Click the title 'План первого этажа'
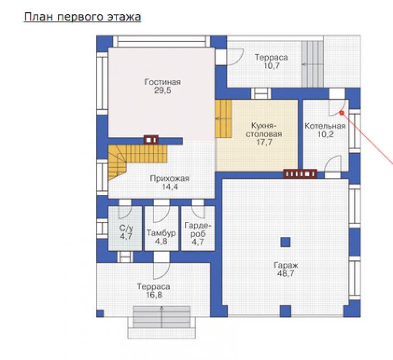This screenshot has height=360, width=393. [82, 17]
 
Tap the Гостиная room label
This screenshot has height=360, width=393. [163, 82]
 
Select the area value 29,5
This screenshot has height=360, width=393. [163, 90]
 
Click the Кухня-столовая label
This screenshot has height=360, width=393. [264, 130]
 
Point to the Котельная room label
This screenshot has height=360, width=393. [325, 126]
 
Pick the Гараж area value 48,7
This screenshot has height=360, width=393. [286, 273]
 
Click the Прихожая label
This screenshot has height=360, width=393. [169, 178]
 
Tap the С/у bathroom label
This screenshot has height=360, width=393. [126, 228]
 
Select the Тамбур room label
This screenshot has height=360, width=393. [161, 233]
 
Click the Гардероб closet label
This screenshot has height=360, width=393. [198, 230]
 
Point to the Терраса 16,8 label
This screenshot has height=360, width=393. [153, 290]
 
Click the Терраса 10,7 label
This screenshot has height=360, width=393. [271, 62]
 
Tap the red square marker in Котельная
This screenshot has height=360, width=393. [341, 113]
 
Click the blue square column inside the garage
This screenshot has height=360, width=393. [285, 242]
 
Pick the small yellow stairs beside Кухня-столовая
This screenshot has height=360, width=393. [223, 119]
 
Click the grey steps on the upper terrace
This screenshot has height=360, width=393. [312, 64]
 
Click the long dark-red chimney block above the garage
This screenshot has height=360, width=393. [300, 174]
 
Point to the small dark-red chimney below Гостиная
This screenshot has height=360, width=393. [151, 140]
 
